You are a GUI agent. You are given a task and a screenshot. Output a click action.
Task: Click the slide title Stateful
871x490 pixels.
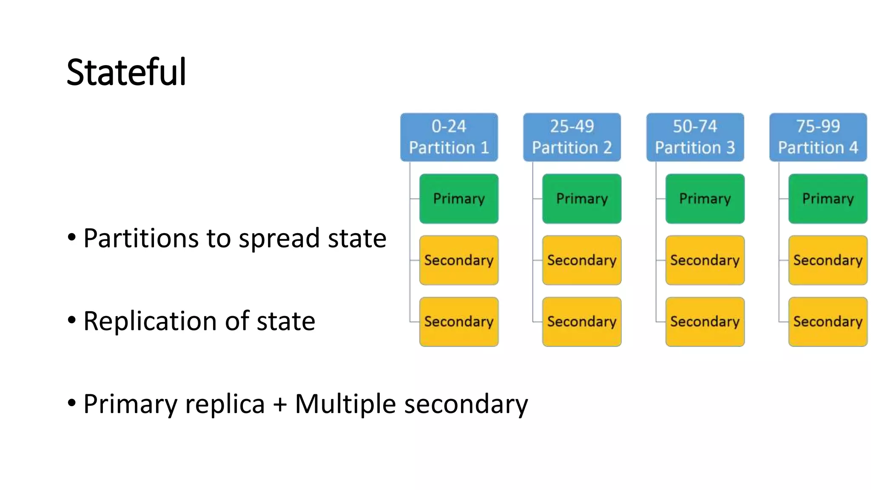click(126, 72)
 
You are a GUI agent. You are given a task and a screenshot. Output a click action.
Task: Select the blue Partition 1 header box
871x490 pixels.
click(449, 137)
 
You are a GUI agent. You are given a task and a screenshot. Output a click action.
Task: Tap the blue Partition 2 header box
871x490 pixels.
click(572, 137)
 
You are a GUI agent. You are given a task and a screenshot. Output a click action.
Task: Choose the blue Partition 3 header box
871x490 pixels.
click(695, 137)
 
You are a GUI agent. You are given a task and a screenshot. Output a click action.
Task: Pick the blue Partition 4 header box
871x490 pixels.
click(818, 137)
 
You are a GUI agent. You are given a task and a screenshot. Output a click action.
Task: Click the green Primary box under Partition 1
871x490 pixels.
click(458, 199)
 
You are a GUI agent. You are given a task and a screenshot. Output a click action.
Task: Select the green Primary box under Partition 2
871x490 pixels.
click(582, 199)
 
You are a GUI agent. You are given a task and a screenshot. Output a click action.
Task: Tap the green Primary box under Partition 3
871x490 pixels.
click(705, 199)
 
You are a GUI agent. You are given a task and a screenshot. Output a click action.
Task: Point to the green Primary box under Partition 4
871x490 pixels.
click(828, 199)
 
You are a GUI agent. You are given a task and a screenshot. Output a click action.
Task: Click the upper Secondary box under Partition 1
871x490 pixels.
click(458, 260)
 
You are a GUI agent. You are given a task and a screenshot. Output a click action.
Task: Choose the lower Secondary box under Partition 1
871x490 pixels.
click(458, 322)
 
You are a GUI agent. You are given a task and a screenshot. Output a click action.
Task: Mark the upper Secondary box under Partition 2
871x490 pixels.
click(582, 260)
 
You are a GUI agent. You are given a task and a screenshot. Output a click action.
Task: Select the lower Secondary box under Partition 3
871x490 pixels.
click(705, 322)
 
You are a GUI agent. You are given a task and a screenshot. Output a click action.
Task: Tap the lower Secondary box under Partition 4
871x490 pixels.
click(828, 322)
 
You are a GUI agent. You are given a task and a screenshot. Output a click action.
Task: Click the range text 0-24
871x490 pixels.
click(449, 126)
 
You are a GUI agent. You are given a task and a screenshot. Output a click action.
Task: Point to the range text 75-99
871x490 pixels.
click(818, 126)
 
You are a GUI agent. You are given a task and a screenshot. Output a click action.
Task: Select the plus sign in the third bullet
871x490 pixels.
click(279, 404)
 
